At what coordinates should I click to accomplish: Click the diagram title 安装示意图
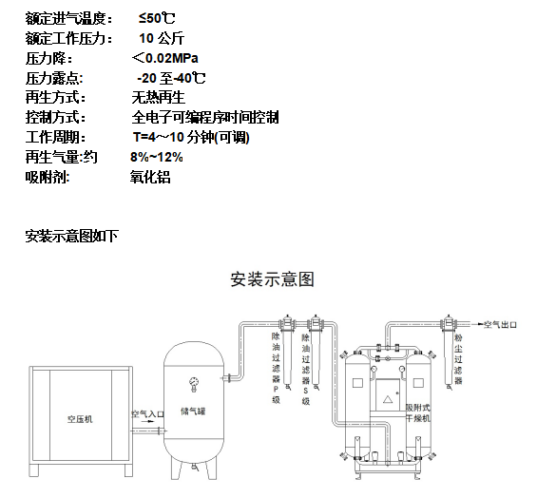(x=272, y=280)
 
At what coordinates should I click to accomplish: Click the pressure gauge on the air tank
(x=194, y=383)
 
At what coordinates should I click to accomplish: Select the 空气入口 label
(x=145, y=414)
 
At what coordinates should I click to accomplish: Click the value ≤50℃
(x=156, y=18)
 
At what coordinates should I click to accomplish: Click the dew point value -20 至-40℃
(x=171, y=78)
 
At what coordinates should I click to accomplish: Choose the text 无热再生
(x=157, y=98)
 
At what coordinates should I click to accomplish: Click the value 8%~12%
(x=156, y=157)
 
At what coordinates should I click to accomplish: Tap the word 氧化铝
(x=149, y=177)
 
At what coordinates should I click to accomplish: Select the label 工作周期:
(x=55, y=138)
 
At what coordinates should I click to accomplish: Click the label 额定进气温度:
(x=68, y=18)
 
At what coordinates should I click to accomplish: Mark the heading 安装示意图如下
(x=71, y=236)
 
